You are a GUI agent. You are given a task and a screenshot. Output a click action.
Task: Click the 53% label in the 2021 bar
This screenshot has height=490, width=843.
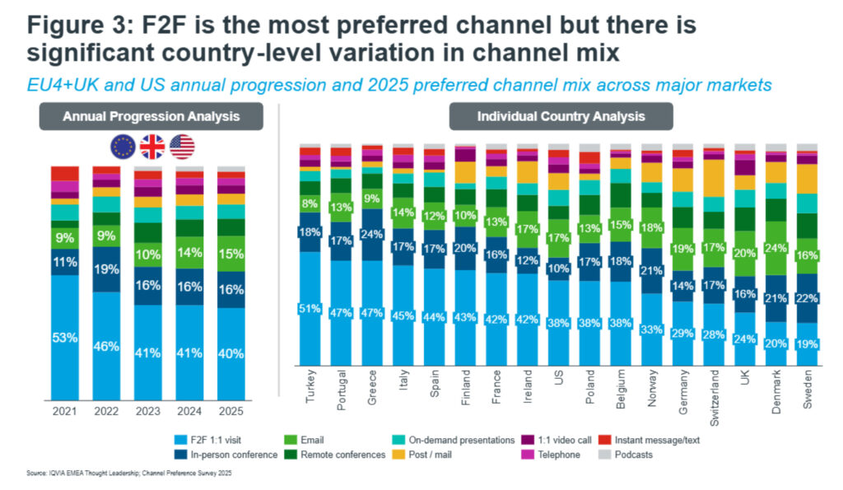point(64,338)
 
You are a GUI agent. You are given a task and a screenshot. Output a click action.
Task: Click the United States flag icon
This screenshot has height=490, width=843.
point(182,147)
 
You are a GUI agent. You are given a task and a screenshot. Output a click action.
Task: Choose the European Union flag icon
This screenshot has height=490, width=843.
point(123,147)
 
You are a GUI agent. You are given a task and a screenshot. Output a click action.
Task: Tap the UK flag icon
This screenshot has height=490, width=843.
point(152,147)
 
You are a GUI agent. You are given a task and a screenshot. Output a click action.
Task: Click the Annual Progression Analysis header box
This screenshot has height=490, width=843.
point(151,116)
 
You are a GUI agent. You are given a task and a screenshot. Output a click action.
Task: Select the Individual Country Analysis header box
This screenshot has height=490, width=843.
point(561,116)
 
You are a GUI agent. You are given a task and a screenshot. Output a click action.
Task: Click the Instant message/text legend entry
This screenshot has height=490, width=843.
point(659,441)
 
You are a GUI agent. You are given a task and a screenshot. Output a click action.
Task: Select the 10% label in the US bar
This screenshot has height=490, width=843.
point(559,268)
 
